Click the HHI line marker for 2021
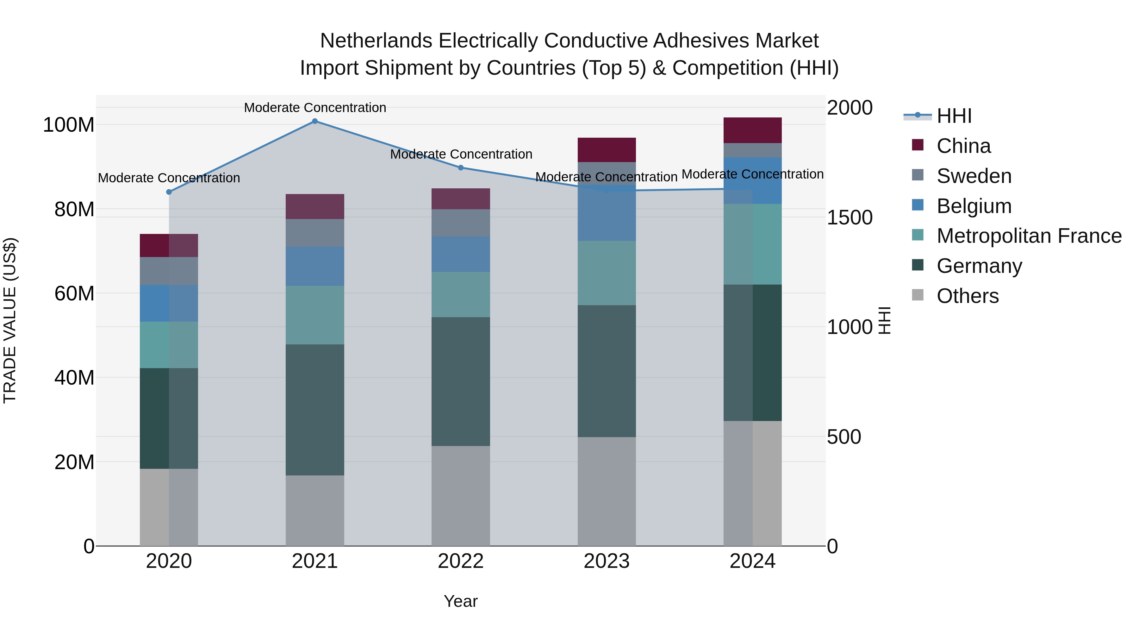tap(315, 121)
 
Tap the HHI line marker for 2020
tap(169, 192)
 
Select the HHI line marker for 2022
tap(461, 168)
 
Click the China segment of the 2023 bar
tap(607, 150)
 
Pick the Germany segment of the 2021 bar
tap(315, 410)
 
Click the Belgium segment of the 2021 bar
tap(315, 266)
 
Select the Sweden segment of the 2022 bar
tap(461, 223)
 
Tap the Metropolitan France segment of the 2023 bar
tap(607, 273)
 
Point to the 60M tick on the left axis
tap(74, 293)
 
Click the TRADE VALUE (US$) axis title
tap(10, 320)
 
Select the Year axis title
tap(461, 601)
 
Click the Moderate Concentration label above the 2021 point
tap(315, 108)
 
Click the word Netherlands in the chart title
tap(376, 41)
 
